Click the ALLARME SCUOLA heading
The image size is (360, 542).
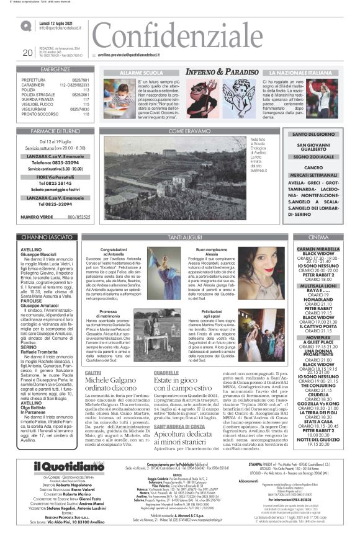(138, 73)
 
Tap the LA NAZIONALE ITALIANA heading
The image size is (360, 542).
(300, 73)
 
